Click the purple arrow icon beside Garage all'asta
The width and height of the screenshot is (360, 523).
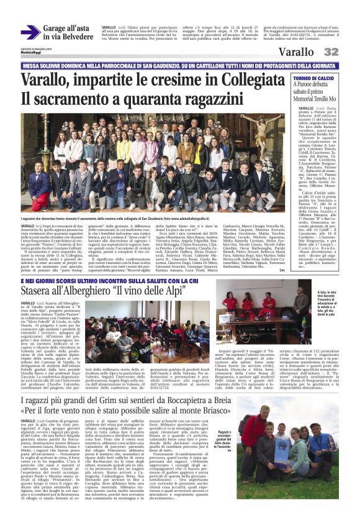(30, 32)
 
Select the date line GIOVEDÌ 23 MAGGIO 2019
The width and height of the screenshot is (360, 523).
(34, 48)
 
